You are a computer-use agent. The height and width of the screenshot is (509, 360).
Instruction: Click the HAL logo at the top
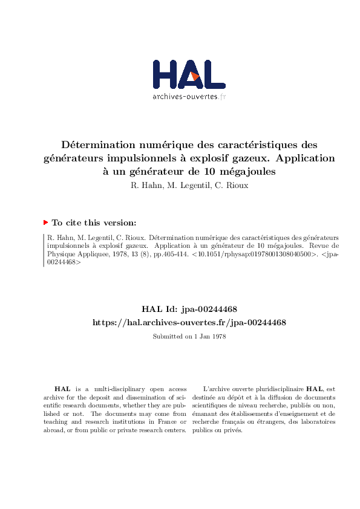pyautogui.click(x=189, y=76)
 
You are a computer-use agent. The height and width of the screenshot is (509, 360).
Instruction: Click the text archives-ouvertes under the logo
pyautogui.click(x=185, y=96)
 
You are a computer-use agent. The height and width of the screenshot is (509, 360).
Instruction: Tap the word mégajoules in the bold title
pyautogui.click(x=248, y=172)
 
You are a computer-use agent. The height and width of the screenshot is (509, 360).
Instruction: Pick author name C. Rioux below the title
pyautogui.click(x=232, y=186)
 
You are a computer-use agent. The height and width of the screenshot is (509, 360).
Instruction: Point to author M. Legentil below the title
pyautogui.click(x=188, y=186)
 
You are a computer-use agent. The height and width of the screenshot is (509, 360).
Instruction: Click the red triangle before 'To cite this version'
pyautogui.click(x=45, y=222)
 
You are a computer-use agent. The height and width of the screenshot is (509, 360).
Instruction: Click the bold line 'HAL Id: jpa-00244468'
pyautogui.click(x=189, y=310)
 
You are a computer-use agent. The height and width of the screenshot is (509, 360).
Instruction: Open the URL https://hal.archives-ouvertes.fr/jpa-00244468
pyautogui.click(x=189, y=323)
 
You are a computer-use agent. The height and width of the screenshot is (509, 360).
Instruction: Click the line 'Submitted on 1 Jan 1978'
pyautogui.click(x=189, y=337)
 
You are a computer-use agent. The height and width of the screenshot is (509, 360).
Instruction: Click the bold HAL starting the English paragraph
pyautogui.click(x=61, y=389)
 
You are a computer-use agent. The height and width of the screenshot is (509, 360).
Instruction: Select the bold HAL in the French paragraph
pyautogui.click(x=314, y=389)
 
